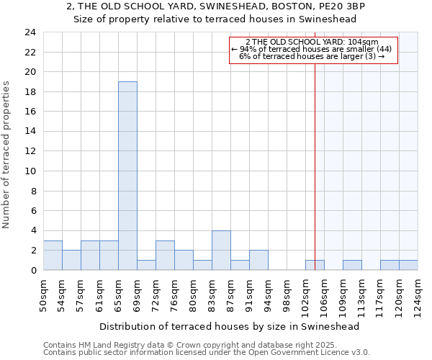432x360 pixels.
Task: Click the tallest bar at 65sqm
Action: pyautogui.click(x=127, y=176)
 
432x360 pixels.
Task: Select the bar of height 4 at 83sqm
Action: pyautogui.click(x=221, y=250)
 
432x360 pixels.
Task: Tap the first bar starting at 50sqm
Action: pyautogui.click(x=53, y=255)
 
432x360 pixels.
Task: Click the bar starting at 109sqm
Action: pyautogui.click(x=352, y=265)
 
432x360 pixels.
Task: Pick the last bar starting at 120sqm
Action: pyautogui.click(x=408, y=265)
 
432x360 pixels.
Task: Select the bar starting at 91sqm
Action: pyautogui.click(x=258, y=260)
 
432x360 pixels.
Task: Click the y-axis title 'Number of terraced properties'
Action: pyautogui.click(x=6, y=155)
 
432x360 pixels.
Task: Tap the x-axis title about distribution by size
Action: pyautogui.click(x=229, y=326)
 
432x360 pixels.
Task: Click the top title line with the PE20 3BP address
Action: pyautogui.click(x=216, y=6)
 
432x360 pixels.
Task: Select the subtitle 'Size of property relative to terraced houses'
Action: pyautogui.click(x=216, y=19)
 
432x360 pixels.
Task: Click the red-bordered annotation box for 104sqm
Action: pyautogui.click(x=313, y=50)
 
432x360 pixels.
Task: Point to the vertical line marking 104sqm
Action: pyautogui.click(x=315, y=166)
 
